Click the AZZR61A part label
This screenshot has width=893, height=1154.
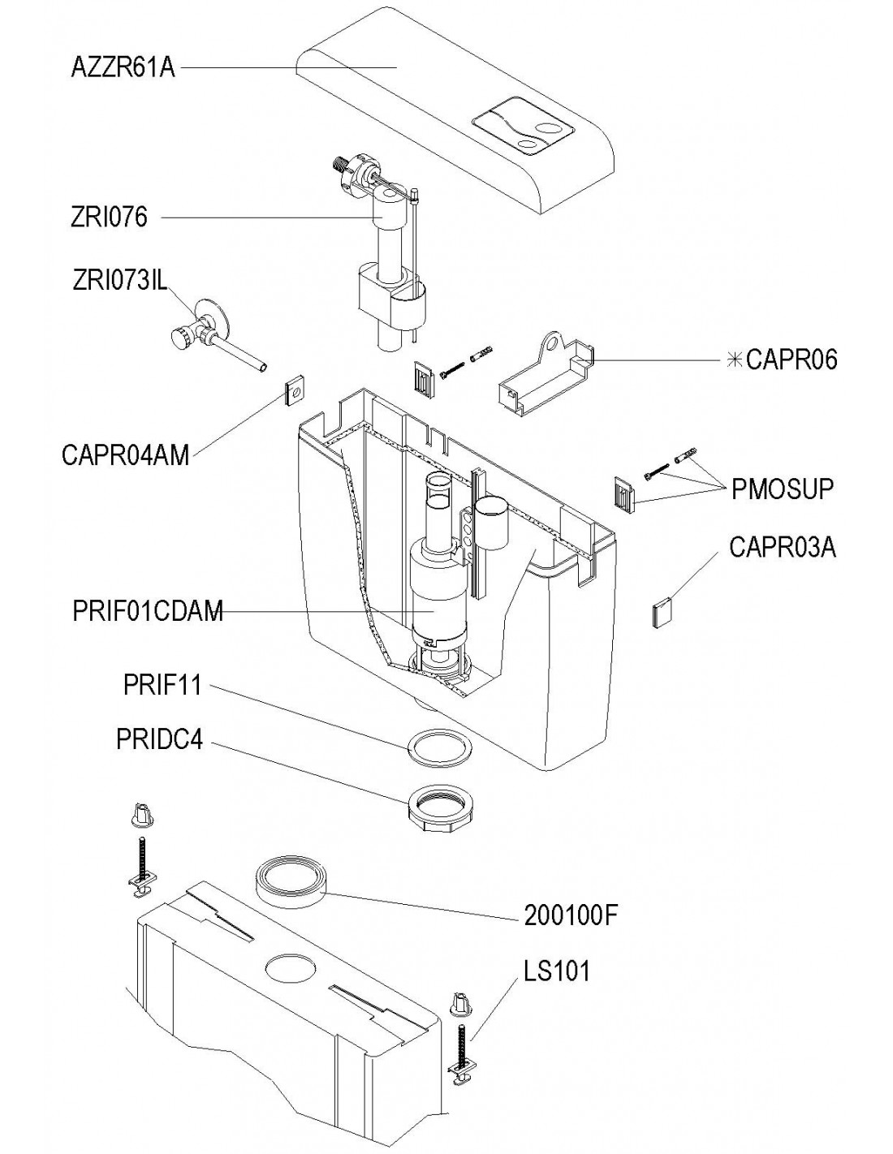(123, 69)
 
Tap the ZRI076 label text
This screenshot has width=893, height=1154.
(109, 217)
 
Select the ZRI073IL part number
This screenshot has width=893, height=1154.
(120, 281)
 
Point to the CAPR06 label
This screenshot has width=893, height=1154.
(791, 360)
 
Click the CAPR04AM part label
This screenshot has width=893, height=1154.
(125, 455)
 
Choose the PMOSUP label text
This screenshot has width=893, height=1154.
(782, 489)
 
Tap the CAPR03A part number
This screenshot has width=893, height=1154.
(783, 547)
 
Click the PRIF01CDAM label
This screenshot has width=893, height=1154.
(148, 611)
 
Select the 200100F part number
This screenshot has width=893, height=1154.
(571, 915)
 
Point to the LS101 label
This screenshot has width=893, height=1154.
(557, 971)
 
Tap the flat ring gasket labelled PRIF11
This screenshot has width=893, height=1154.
(439, 747)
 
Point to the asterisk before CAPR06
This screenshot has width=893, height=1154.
(735, 360)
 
